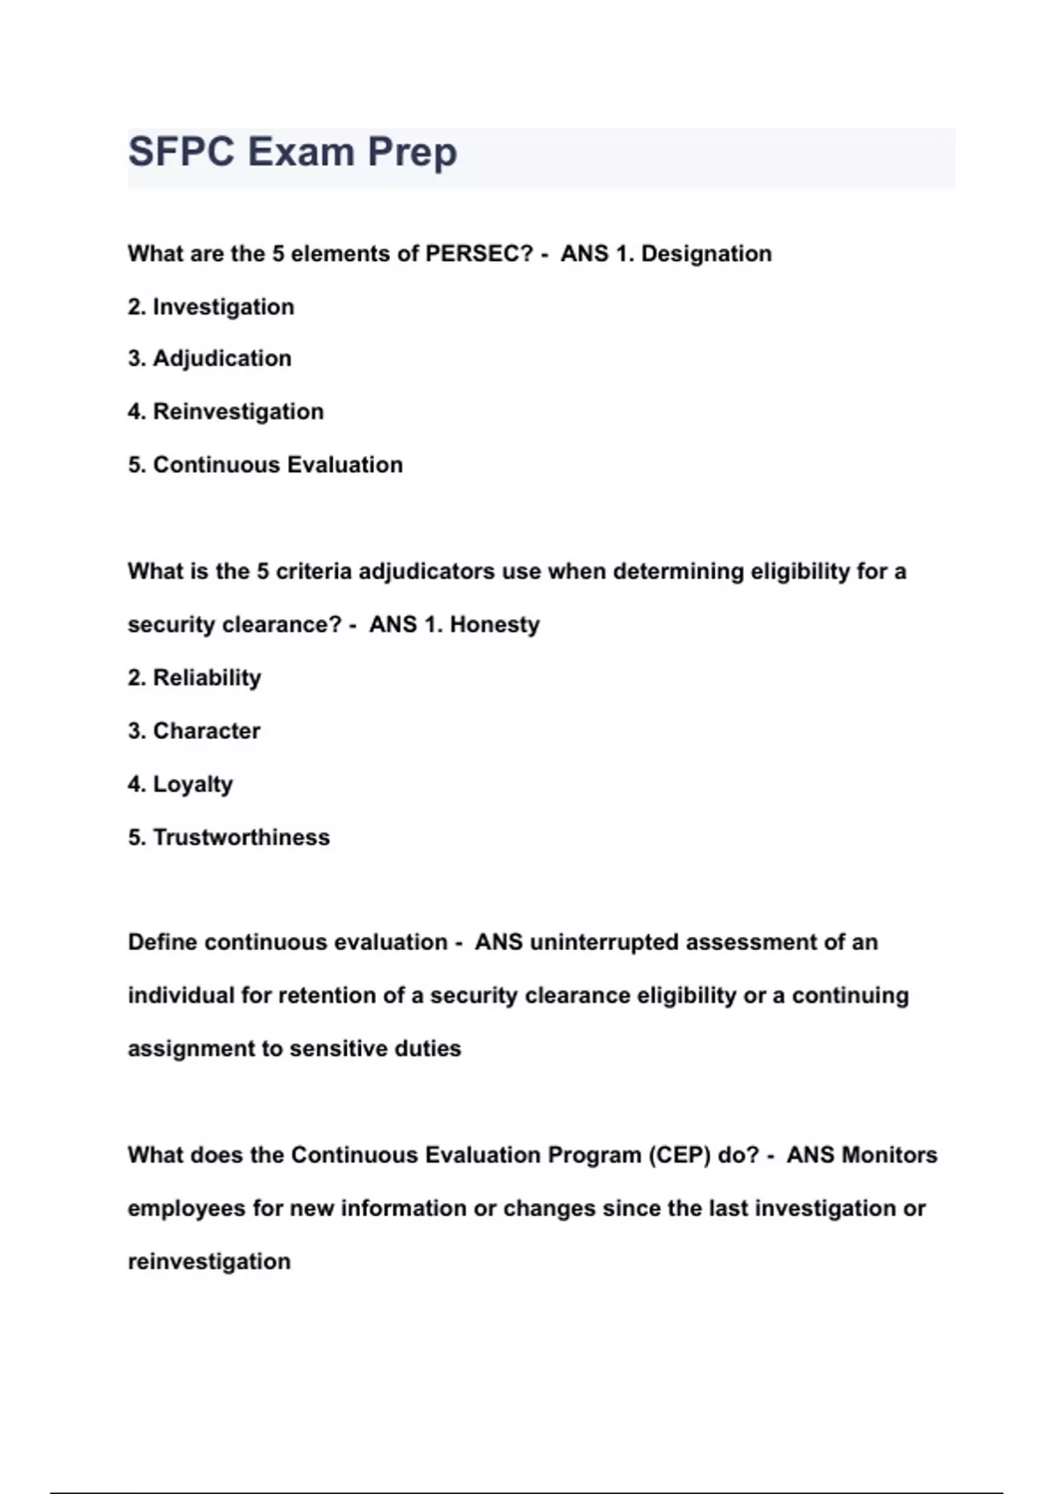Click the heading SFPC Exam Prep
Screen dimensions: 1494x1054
tap(292, 152)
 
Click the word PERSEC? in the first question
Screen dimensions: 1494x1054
tap(480, 254)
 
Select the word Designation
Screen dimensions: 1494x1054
tap(706, 254)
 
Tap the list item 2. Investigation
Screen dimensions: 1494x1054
tap(211, 307)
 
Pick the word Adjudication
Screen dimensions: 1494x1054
tap(222, 359)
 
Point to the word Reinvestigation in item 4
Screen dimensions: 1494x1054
tap(238, 411)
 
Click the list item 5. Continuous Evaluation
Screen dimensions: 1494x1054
tap(265, 465)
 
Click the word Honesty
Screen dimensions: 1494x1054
tap(495, 625)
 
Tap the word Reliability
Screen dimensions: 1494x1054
tap(207, 678)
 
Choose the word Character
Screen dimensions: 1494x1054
tap(206, 731)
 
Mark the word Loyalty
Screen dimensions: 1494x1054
tap(193, 784)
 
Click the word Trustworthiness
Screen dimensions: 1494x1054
tap(242, 838)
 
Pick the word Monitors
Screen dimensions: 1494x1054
tap(889, 1155)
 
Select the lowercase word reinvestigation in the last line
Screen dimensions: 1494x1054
tap(209, 1261)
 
